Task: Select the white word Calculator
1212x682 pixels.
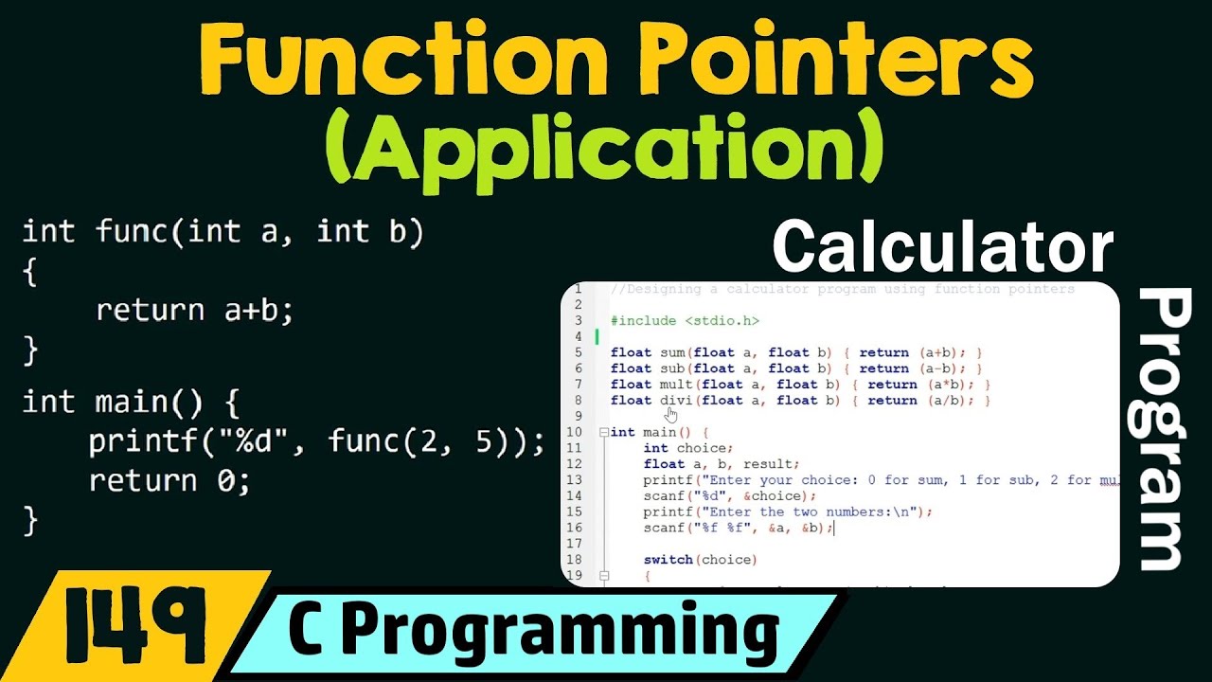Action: coord(942,249)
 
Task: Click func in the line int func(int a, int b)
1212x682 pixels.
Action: coord(132,232)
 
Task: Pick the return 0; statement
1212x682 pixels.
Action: coord(170,481)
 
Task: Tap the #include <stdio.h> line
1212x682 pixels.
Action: coord(685,321)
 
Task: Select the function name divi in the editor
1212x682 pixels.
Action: coord(676,401)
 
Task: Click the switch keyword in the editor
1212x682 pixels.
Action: coord(668,560)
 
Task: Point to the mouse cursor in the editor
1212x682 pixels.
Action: coord(671,414)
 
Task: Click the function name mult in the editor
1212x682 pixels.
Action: coord(676,385)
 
